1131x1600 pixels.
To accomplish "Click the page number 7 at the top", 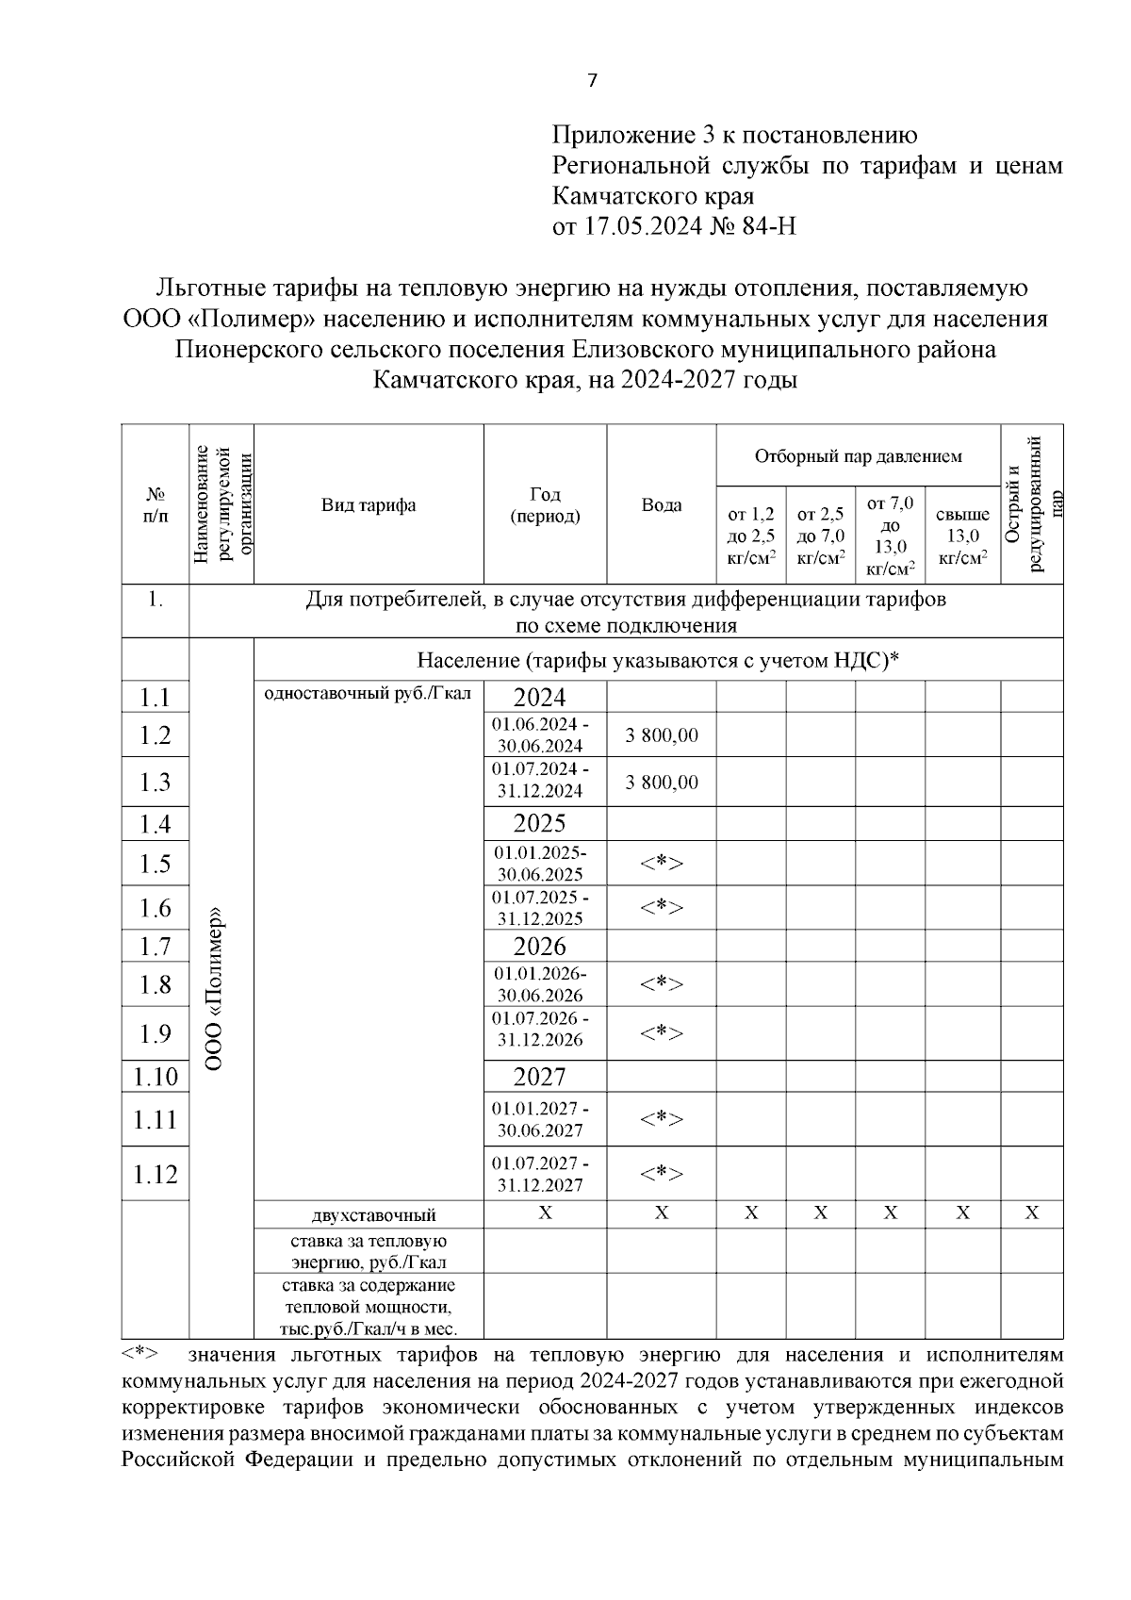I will pos(592,81).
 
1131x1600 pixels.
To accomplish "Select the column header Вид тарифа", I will pos(369,504).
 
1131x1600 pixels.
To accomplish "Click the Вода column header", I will pos(662,504).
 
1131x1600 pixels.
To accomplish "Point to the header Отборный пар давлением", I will pos(858,456).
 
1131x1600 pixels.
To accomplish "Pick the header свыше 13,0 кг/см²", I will pos(961,536).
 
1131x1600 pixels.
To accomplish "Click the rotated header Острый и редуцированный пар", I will pos(1031,503).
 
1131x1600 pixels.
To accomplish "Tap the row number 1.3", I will pos(156,782).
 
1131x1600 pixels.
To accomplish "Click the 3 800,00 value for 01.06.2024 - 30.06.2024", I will pos(662,734).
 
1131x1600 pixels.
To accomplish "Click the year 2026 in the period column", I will pos(540,946).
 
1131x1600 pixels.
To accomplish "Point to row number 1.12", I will pos(156,1174).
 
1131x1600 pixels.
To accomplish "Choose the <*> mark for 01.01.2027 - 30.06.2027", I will pos(662,1119).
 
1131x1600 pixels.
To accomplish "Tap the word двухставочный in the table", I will pos(374,1214).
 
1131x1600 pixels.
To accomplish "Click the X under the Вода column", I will pos(662,1213).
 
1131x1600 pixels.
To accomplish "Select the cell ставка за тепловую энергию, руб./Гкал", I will pos(369,1251).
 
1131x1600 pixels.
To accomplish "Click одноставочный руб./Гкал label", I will pos(369,694).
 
